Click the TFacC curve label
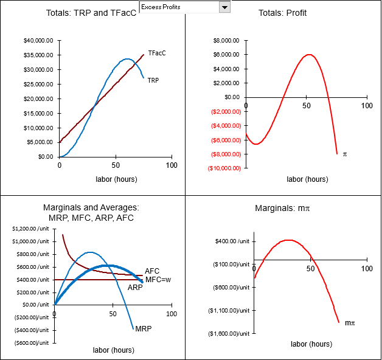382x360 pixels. coord(157,54)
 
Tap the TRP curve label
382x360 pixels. coord(153,80)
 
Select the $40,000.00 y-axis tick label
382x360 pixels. coord(38,41)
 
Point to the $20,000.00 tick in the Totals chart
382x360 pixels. coord(38,99)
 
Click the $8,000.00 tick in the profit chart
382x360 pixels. coord(227,41)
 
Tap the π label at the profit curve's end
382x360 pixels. coord(345,154)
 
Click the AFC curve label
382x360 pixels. coord(152,271)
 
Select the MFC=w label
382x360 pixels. coord(157,280)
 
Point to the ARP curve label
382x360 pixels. coord(135,287)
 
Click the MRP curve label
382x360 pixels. coord(144,329)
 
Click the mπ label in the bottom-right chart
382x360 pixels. coord(349,323)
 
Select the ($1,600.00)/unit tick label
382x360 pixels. coord(229,334)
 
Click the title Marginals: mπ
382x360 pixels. coord(282,209)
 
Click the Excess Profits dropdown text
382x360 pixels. coord(178,7)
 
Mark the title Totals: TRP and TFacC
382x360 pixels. coord(91,13)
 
